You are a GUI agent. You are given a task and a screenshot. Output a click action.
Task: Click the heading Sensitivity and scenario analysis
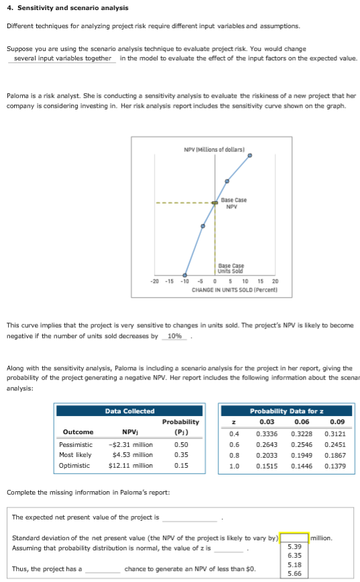tap(58, 7)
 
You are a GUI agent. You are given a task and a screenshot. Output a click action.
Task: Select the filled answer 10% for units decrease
tap(173, 336)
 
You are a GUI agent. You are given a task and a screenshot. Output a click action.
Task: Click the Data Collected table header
tap(130, 411)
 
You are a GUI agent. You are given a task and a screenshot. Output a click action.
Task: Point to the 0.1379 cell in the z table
tap(327, 465)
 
